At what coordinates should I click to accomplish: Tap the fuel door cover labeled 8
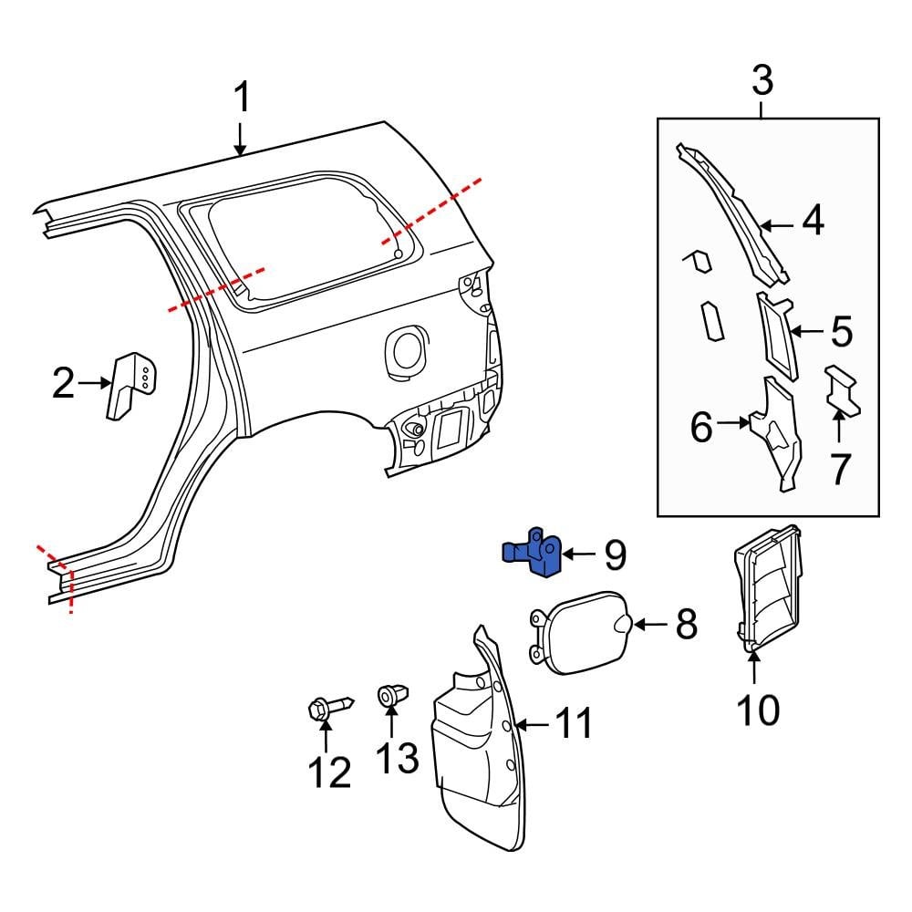pyautogui.click(x=579, y=632)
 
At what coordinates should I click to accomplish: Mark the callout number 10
pyautogui.click(x=758, y=709)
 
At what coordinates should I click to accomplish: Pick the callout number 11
pyautogui.click(x=575, y=723)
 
